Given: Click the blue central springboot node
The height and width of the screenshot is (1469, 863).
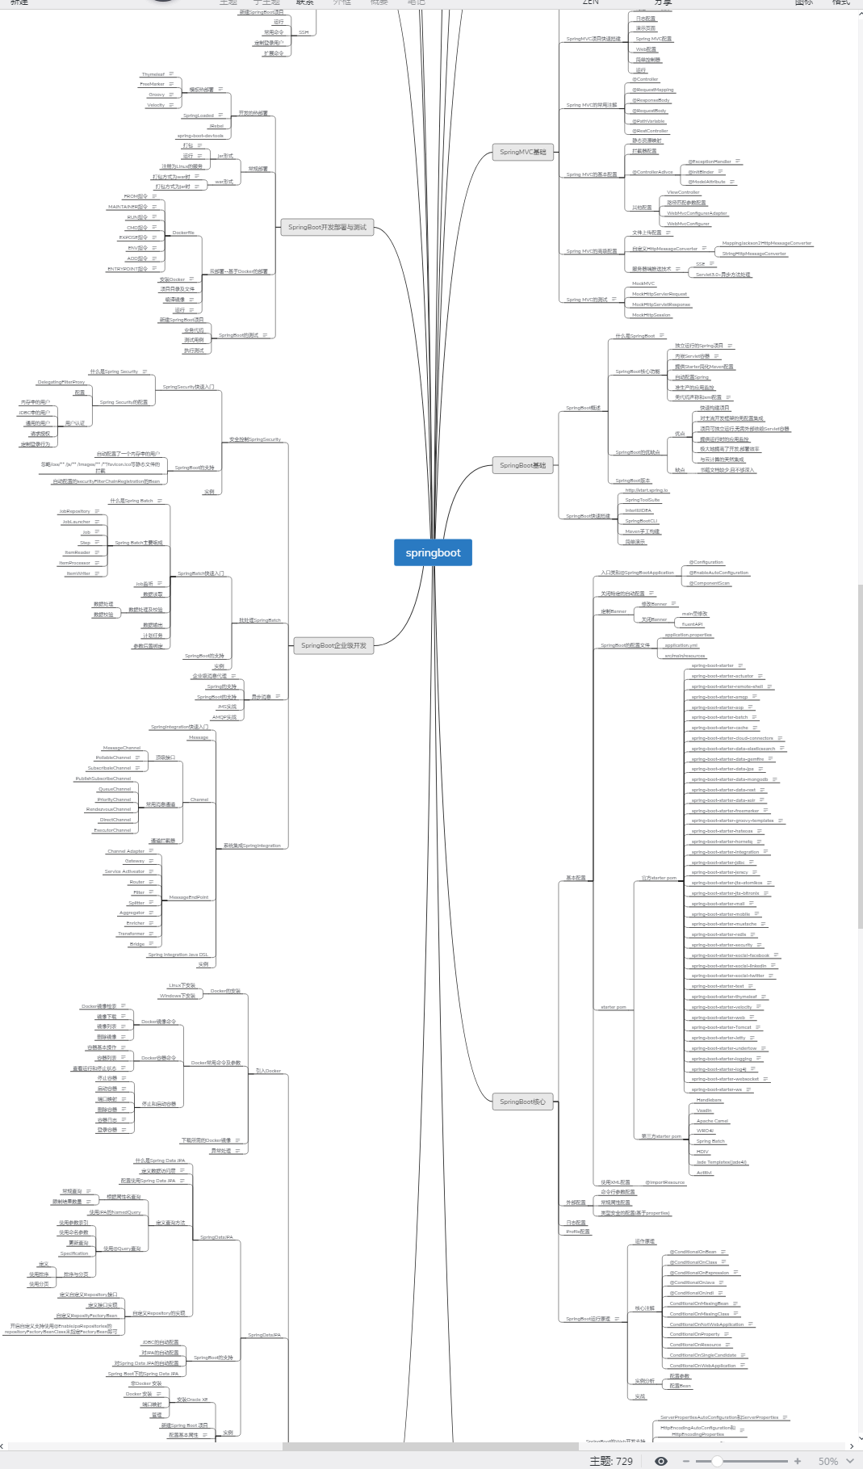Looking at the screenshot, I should click(433, 553).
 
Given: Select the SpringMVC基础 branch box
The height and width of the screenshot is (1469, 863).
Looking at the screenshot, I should click(522, 152).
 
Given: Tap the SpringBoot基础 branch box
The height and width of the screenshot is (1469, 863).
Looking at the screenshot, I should click(522, 465).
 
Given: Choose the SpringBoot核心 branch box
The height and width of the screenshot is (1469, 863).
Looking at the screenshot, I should click(522, 1102).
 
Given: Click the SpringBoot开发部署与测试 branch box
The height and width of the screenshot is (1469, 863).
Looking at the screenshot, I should click(327, 228).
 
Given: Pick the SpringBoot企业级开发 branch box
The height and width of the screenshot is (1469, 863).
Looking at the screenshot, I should click(333, 645).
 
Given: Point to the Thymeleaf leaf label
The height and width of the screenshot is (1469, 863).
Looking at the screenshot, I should click(153, 74).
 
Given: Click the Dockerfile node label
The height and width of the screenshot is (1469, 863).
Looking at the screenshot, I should click(183, 233).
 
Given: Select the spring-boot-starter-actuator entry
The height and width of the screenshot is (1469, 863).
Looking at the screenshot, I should click(722, 676).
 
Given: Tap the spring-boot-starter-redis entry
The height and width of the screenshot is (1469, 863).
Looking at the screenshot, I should click(718, 934).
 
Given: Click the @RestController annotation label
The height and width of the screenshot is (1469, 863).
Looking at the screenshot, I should click(650, 131).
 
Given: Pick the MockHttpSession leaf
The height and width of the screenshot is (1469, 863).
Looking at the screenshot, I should click(651, 315).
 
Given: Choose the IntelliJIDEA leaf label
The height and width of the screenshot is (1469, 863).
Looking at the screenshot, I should click(638, 510).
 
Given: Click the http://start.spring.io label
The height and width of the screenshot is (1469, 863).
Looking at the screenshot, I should click(646, 490).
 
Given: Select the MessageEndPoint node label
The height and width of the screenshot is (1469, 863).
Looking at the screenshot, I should click(188, 897).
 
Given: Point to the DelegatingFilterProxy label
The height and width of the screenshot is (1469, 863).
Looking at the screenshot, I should click(61, 382).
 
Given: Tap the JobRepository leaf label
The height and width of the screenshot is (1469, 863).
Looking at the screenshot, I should click(74, 511).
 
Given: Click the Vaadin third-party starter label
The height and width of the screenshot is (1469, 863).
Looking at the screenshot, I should click(704, 1110).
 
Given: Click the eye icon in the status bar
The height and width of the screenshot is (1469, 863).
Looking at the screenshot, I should click(661, 1461).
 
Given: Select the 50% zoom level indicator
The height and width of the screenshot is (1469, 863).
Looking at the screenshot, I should click(828, 1461).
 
